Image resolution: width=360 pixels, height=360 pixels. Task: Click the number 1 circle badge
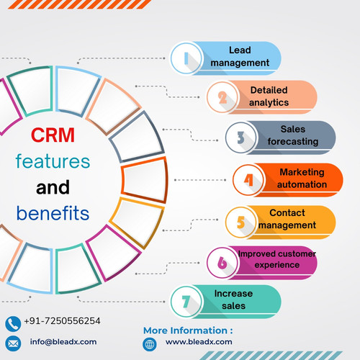pos(186,58)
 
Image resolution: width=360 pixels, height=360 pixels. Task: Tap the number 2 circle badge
pos(222,97)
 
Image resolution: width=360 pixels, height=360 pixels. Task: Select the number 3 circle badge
pos(241,138)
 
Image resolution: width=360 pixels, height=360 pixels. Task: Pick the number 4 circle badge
pos(248,180)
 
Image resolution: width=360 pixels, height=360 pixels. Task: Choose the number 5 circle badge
pos(241,222)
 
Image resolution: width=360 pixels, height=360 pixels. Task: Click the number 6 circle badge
pos(222,263)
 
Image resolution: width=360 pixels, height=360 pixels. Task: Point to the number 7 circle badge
pos(186,302)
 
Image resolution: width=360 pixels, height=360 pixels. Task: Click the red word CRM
pos(53,135)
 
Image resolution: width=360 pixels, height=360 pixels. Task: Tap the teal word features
pos(53,161)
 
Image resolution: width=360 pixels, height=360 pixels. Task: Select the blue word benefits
pos(53,213)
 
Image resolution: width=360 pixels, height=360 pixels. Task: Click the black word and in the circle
pos(53,187)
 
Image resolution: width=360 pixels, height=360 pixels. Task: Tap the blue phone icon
pos(13,324)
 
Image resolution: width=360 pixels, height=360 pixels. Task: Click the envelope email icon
pos(13,343)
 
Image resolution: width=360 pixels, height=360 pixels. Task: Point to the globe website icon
pos(150,344)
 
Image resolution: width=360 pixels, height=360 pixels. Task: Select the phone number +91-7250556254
pos(62,321)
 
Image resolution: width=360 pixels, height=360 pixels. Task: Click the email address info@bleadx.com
pos(63,342)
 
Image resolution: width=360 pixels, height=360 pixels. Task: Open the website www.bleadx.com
pos(199,342)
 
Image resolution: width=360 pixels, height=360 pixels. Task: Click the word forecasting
pos(293,142)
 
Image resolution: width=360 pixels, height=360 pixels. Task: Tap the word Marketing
pos(302,172)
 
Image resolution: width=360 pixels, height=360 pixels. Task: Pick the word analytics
pos(269,103)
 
